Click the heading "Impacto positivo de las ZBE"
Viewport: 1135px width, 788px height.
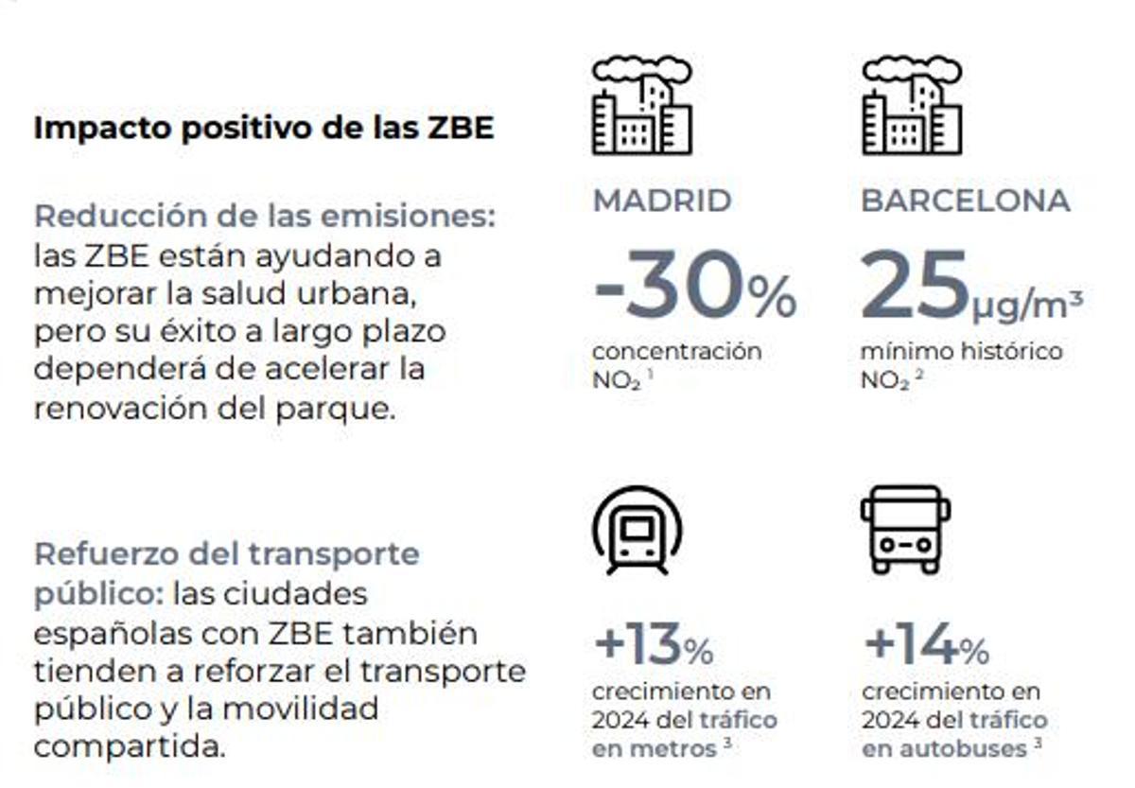click(x=264, y=129)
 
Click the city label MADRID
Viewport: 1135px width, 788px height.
click(x=662, y=201)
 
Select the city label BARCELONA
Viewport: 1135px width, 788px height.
click(x=965, y=201)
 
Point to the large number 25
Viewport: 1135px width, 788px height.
click(x=914, y=287)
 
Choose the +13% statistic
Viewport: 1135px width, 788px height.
click(x=653, y=647)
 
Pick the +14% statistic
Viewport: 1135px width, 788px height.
click(x=926, y=647)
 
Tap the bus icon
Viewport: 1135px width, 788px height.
click(x=905, y=529)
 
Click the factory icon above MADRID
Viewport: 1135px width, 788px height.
click(x=641, y=106)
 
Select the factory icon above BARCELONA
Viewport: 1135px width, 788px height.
click(x=912, y=106)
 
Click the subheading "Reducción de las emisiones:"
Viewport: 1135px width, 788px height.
click(x=265, y=216)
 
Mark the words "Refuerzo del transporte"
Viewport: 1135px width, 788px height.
click(x=227, y=553)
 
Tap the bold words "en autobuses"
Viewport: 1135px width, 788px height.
click(x=944, y=748)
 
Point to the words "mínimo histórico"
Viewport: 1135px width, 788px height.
click(x=961, y=352)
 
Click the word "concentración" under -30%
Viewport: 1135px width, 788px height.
click(x=676, y=352)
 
